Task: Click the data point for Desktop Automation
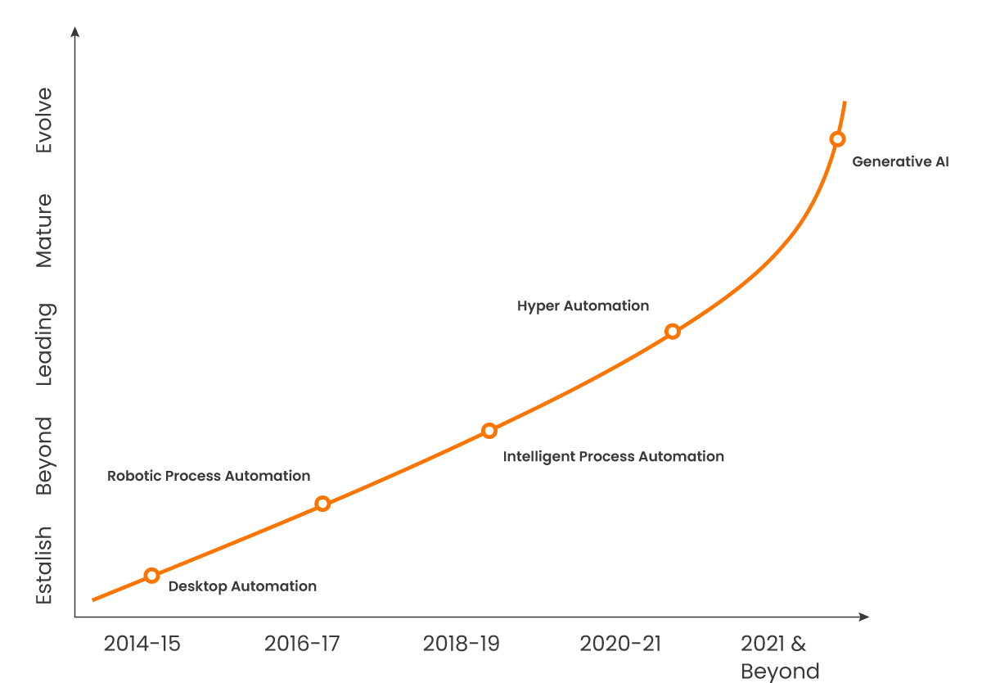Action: [151, 576]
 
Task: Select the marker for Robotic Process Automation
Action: [322, 504]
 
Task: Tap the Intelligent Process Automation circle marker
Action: [489, 431]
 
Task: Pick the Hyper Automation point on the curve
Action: [673, 332]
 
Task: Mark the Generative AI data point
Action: [837, 139]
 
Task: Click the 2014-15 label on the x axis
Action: [142, 644]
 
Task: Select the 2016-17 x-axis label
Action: [301, 644]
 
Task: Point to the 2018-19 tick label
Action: [461, 644]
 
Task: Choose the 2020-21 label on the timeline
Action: [620, 644]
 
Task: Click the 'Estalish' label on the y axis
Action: [44, 565]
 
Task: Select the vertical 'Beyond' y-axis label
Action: [44, 456]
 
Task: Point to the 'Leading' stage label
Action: [44, 344]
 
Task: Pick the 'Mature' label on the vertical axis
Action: [44, 230]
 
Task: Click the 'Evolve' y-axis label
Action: [44, 120]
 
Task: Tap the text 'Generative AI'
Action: [900, 162]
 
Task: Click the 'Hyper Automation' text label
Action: [583, 306]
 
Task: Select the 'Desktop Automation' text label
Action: [242, 586]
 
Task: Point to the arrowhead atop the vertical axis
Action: [75, 31]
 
